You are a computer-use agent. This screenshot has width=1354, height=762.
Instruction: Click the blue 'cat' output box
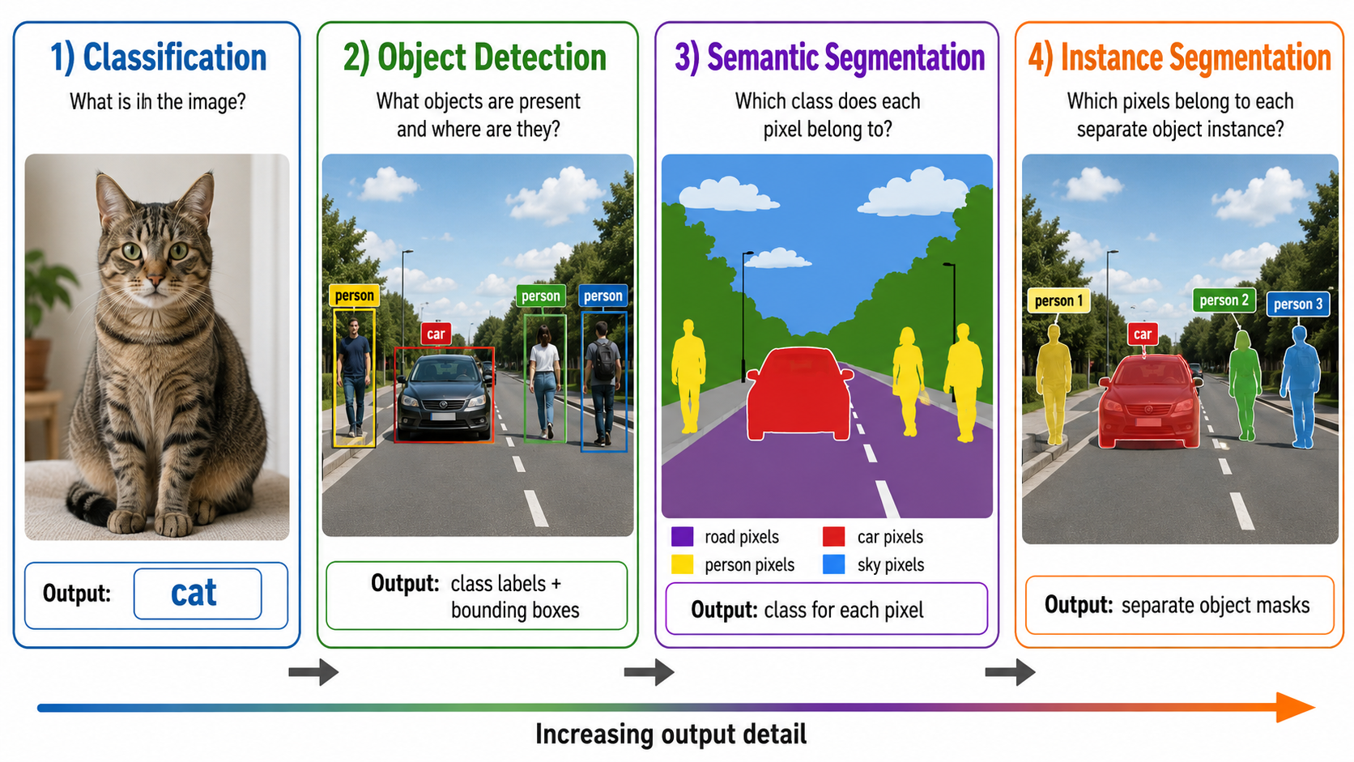pos(198,594)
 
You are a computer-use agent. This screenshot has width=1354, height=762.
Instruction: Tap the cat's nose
pos(155,279)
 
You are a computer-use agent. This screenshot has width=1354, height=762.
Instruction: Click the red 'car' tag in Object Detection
pos(436,334)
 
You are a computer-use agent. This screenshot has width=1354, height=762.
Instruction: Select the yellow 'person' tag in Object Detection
pos(354,296)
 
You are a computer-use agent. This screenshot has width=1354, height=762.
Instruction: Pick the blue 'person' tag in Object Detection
pos(602,296)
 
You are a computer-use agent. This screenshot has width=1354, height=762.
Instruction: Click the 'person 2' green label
pos(1224,300)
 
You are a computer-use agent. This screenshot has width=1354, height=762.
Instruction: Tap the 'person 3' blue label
pos(1298,304)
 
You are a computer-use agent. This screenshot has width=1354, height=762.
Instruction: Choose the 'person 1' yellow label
pos(1058,300)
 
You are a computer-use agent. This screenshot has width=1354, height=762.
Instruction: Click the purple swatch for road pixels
pos(683,537)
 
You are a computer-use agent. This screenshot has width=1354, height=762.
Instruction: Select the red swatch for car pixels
pos(833,537)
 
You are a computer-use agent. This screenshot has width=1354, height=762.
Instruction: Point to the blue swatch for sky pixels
pos(833,564)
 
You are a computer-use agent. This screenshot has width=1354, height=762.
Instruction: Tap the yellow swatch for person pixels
pos(683,564)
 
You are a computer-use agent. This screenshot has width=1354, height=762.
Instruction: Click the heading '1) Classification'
pos(159,58)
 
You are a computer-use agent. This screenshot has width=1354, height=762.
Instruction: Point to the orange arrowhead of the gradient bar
pos(1296,708)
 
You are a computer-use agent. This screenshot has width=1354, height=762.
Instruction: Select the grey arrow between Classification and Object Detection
pos(313,672)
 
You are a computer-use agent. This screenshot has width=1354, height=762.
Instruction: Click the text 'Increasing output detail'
pos(671,734)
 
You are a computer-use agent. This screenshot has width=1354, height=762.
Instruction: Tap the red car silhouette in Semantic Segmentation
pos(799,394)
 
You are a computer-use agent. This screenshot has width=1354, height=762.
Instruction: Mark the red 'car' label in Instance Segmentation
pos(1143,334)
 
